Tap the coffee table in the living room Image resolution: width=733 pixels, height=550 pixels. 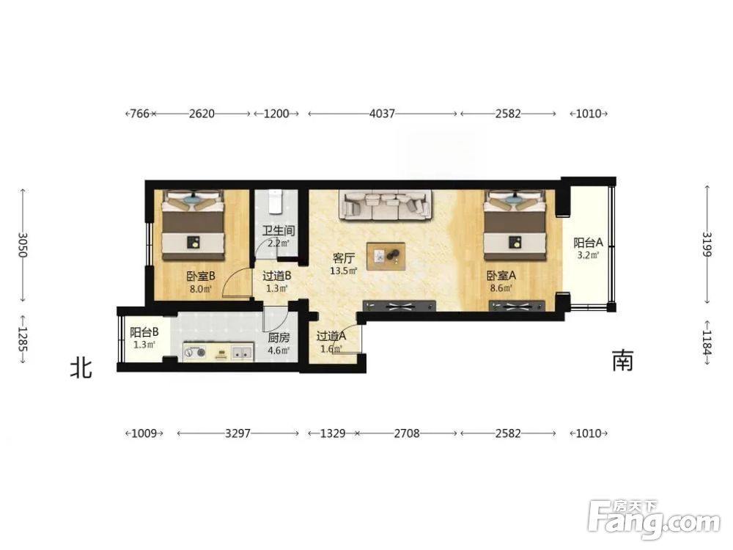pyautogui.click(x=386, y=256)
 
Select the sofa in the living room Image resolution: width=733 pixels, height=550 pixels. pyautogui.click(x=386, y=205)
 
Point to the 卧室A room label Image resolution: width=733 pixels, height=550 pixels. pyautogui.click(x=501, y=276)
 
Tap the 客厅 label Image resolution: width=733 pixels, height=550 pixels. pyautogui.click(x=344, y=258)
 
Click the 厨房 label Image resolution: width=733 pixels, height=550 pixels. pyautogui.click(x=279, y=337)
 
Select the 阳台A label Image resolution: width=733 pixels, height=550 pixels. pyautogui.click(x=588, y=243)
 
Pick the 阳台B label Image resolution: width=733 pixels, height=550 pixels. pyautogui.click(x=144, y=332)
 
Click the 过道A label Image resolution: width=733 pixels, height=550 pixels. pyautogui.click(x=331, y=336)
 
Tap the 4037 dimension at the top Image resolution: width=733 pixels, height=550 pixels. pyautogui.click(x=382, y=113)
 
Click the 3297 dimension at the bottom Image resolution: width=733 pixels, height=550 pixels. pyautogui.click(x=237, y=433)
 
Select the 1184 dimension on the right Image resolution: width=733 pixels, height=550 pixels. pyautogui.click(x=707, y=342)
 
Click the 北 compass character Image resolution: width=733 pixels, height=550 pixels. pyautogui.click(x=81, y=368)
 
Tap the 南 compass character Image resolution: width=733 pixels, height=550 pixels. pyautogui.click(x=622, y=360)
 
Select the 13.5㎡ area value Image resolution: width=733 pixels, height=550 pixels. pyautogui.click(x=344, y=271)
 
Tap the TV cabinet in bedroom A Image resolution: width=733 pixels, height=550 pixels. pyautogui.click(x=517, y=307)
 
